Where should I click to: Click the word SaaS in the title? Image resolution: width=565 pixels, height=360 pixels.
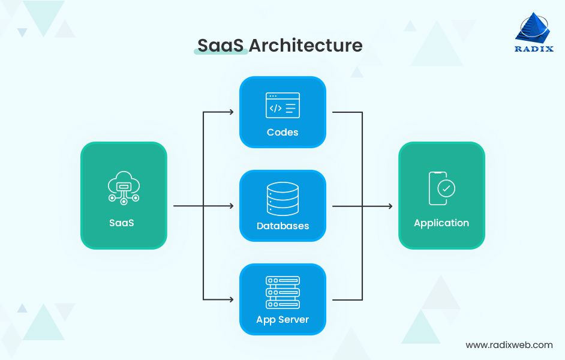(220, 46)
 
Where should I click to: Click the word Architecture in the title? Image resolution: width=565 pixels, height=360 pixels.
(306, 46)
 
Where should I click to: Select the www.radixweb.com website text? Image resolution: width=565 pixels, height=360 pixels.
(509, 345)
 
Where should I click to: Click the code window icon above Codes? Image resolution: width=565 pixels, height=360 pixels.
(282, 106)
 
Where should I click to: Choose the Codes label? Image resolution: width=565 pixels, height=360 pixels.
(282, 132)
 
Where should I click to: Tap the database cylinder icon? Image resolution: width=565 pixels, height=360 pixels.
(282, 199)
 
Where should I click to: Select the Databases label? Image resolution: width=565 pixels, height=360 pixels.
(282, 226)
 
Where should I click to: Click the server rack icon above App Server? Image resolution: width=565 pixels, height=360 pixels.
(282, 292)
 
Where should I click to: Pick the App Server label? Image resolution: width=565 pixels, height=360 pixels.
(282, 320)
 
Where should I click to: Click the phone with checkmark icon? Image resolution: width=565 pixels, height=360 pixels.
(441, 188)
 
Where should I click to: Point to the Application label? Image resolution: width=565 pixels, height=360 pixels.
(441, 223)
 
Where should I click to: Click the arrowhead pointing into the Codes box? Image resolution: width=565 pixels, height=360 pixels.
(230, 112)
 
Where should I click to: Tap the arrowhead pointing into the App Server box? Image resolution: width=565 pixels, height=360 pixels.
(230, 299)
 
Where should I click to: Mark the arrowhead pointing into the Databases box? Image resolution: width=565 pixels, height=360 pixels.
(230, 206)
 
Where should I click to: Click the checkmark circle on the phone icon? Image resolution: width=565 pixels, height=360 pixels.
(446, 188)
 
